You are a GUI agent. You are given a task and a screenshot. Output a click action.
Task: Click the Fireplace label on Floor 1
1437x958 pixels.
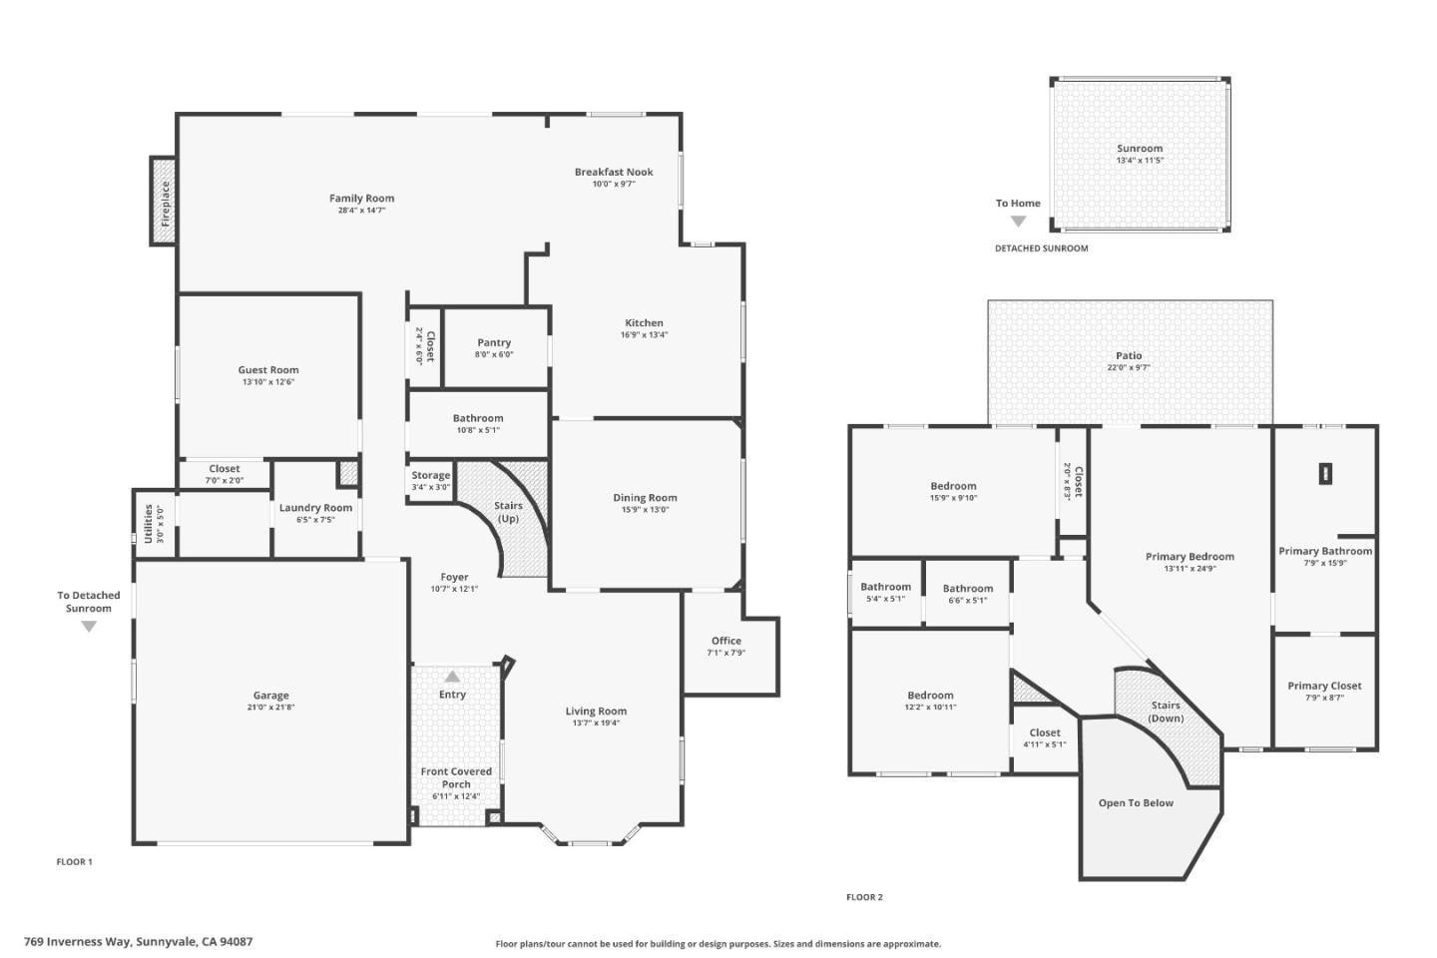pos(166,202)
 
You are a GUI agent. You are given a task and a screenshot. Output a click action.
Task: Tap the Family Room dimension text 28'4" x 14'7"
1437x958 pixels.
pos(361,211)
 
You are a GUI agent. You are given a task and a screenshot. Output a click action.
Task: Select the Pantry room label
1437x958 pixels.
pos(494,342)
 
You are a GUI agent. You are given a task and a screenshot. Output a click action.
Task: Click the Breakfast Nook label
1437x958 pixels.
pos(614,172)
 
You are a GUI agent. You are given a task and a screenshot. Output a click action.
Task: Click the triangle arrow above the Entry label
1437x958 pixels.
pos(452,677)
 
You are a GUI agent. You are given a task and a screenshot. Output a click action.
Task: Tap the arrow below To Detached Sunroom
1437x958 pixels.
pos(89,627)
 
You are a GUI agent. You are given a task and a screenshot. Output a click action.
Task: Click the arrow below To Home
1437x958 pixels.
pos(1018,222)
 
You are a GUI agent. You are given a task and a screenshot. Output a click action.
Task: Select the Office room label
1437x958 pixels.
pos(726,641)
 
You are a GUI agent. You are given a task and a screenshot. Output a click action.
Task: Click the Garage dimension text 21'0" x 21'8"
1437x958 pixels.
pos(270,708)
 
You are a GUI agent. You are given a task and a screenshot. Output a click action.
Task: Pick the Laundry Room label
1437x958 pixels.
pos(315,508)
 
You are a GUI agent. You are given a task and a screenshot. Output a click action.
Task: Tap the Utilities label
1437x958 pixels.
pos(149,523)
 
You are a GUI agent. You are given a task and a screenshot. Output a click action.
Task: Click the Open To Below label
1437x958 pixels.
pos(1136,803)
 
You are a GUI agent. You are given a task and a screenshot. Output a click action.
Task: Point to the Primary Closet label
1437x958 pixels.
pos(1324,686)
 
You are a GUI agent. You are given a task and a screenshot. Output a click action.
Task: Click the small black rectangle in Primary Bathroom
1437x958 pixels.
pos(1325,474)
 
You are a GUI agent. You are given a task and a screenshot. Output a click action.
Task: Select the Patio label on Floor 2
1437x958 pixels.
pos(1129,355)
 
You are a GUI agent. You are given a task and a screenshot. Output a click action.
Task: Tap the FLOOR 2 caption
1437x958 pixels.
pos(864,897)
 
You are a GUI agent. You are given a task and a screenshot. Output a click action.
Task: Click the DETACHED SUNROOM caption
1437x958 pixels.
pos(1041,248)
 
